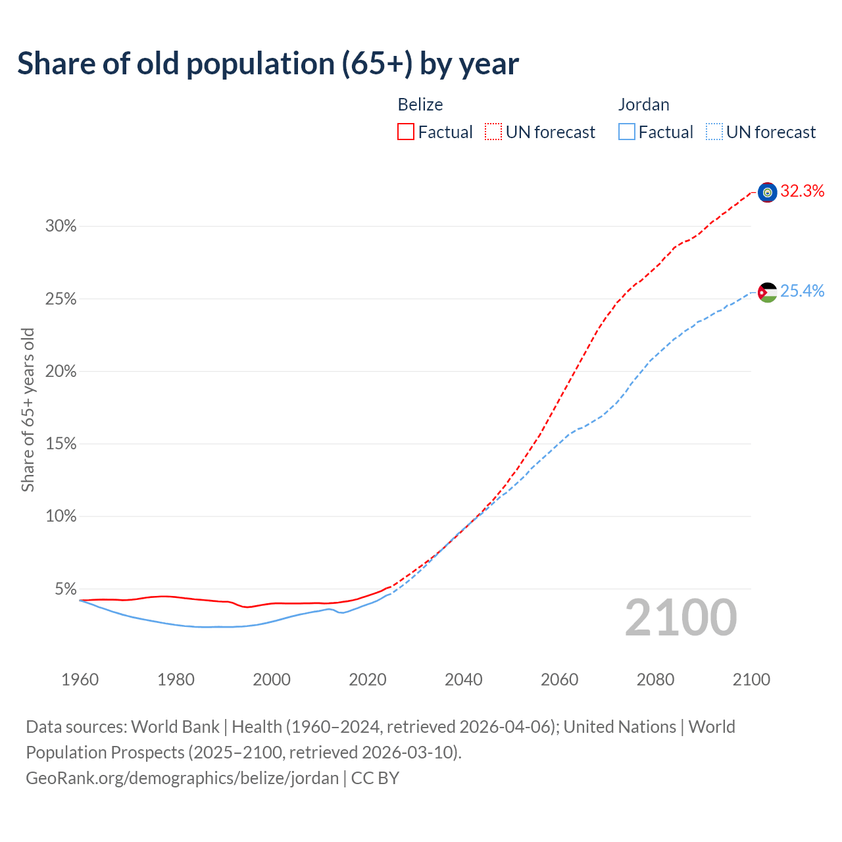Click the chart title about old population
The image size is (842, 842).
[x=268, y=64]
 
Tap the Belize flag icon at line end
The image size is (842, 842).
[x=767, y=192]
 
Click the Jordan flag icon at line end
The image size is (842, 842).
[x=767, y=291]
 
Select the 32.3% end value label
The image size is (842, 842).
[x=802, y=191]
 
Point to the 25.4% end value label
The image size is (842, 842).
[x=802, y=291]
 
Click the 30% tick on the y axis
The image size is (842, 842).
[x=61, y=226]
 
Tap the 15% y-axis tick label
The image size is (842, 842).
[x=61, y=444]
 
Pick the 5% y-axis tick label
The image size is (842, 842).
[x=65, y=589]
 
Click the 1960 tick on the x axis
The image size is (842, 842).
[x=80, y=680]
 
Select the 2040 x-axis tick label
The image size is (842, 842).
[x=464, y=680]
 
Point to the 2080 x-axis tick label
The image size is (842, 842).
[x=655, y=680]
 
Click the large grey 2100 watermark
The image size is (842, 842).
[x=680, y=618]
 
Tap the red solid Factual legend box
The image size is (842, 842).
[x=406, y=132]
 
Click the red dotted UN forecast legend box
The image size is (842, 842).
[x=493, y=132]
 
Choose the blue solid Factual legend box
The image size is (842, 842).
[x=626, y=132]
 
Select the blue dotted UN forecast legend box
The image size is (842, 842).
[x=714, y=132]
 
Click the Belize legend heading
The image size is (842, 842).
[x=420, y=105]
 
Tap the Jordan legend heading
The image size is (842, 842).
[x=643, y=105]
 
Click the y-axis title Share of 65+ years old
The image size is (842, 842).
[x=28, y=409]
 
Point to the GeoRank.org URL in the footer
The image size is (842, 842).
[x=182, y=778]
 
